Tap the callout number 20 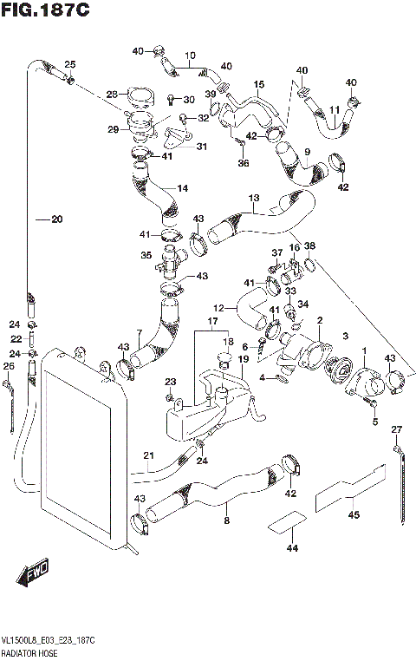click(x=56, y=219)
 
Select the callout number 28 click(x=112, y=95)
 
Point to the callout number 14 click(x=182, y=188)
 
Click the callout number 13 click(x=254, y=199)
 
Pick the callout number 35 click(x=146, y=255)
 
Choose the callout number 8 click(x=226, y=521)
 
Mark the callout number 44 click(x=291, y=548)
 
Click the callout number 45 click(x=353, y=514)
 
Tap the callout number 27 click(x=397, y=429)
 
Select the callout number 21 click(x=148, y=456)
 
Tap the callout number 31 click(x=201, y=147)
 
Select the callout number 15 click(x=258, y=84)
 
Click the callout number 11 click(x=334, y=110)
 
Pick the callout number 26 click(x=9, y=366)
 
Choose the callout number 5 click(x=374, y=422)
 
